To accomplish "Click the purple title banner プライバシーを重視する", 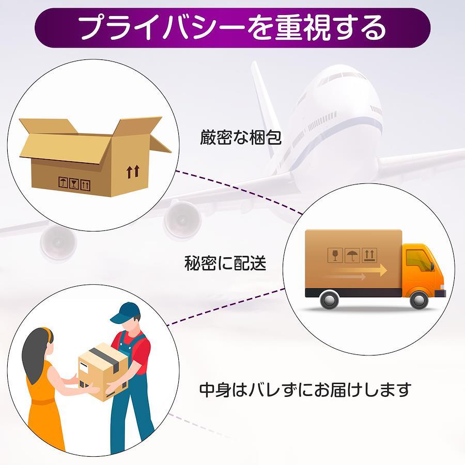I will point(233,28).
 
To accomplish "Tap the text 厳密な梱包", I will point(241,138).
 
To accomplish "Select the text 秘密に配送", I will point(225,264).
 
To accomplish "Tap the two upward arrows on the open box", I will point(133,172).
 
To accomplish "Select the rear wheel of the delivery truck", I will point(329,300).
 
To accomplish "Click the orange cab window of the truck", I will point(418,259).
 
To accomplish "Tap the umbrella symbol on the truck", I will point(352,255).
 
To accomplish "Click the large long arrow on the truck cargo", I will point(357,270).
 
